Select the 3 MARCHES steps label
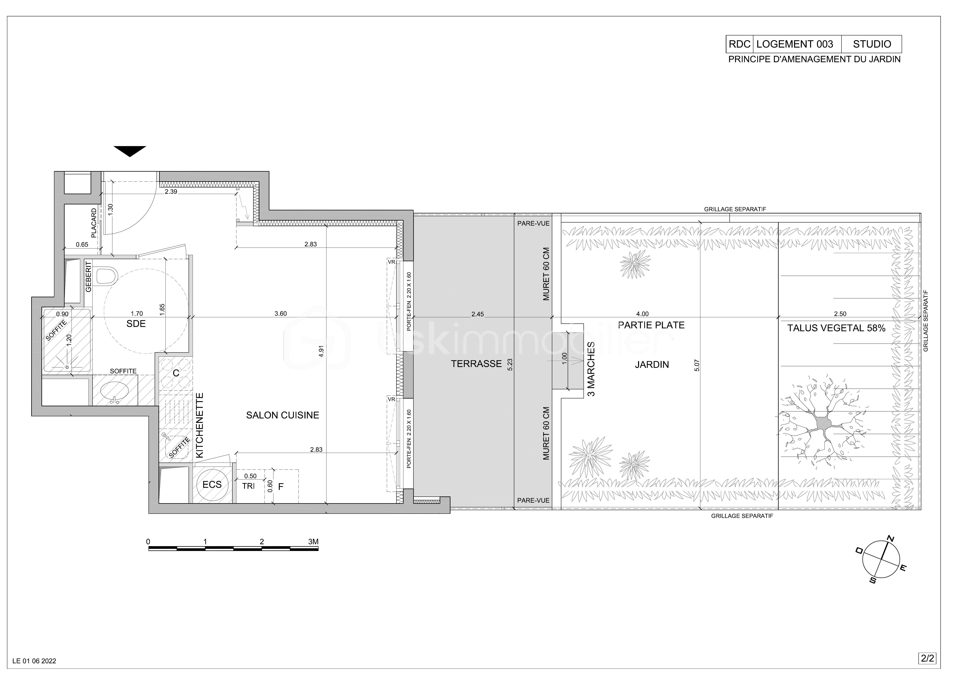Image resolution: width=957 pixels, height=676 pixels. [591, 369]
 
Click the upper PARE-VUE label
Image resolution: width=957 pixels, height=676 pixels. [533, 223]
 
